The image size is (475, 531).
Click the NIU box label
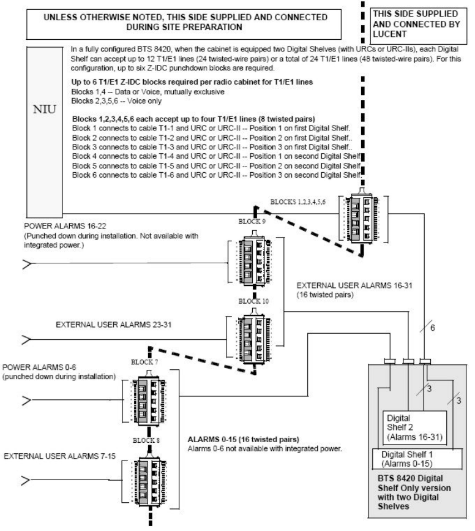[x=44, y=110]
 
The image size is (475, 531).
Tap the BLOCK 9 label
[x=252, y=222]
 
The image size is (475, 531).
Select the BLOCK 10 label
[x=253, y=301]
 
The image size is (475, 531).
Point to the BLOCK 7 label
[x=144, y=362]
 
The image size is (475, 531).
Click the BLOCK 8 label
[x=146, y=440]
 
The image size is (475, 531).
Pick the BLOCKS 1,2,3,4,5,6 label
[x=298, y=202]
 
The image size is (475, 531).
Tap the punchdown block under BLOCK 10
[x=253, y=337]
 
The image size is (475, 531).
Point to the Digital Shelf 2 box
[x=415, y=427]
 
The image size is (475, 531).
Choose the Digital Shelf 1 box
[x=417, y=459]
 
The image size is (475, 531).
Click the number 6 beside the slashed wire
[x=432, y=328]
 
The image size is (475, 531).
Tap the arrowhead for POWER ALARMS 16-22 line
[x=27, y=264]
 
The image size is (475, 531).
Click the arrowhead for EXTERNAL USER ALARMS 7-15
[x=26, y=480]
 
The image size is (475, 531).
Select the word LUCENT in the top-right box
[x=390, y=34]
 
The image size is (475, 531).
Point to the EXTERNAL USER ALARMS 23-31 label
[x=114, y=325]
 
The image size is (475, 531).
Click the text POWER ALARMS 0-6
[x=39, y=367]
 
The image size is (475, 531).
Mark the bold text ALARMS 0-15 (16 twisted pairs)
[x=244, y=440]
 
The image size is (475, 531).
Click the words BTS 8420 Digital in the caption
[x=410, y=478]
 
